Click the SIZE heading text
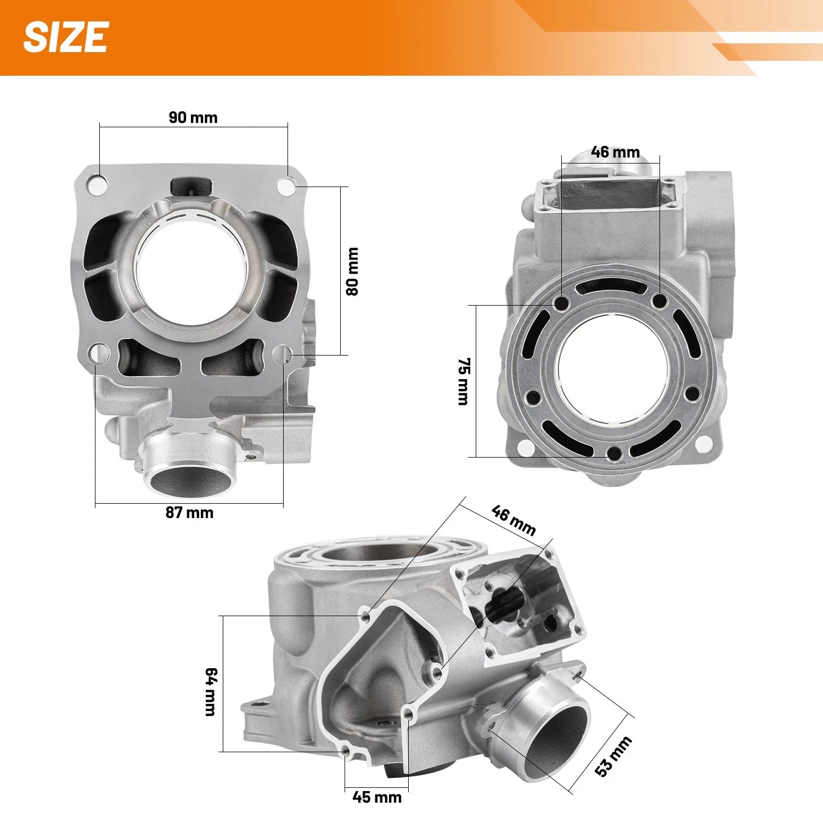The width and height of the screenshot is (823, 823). (65, 37)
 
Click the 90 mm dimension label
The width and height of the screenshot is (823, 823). (193, 117)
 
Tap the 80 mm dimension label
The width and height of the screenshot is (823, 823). (352, 271)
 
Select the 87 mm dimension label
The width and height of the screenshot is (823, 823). (189, 512)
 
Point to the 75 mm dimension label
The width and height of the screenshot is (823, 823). (464, 381)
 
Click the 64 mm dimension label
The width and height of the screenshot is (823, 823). (211, 691)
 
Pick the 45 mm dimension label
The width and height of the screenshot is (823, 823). (377, 797)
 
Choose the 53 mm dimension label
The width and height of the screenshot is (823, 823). (614, 756)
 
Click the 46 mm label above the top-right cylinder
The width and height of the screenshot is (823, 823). (616, 152)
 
